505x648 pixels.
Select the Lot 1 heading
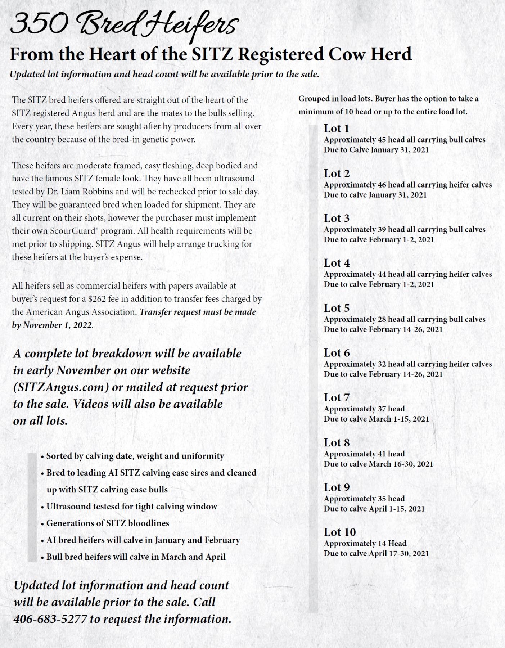(336, 128)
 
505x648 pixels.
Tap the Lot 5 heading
(336, 308)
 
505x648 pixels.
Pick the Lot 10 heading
(339, 532)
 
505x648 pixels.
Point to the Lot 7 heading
(336, 397)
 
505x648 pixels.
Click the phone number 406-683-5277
(50, 619)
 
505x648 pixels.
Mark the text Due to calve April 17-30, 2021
(376, 553)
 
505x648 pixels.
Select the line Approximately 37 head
(364, 409)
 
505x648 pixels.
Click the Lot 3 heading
(336, 218)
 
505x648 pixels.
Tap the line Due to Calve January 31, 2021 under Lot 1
(376, 150)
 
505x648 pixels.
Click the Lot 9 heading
(336, 487)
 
